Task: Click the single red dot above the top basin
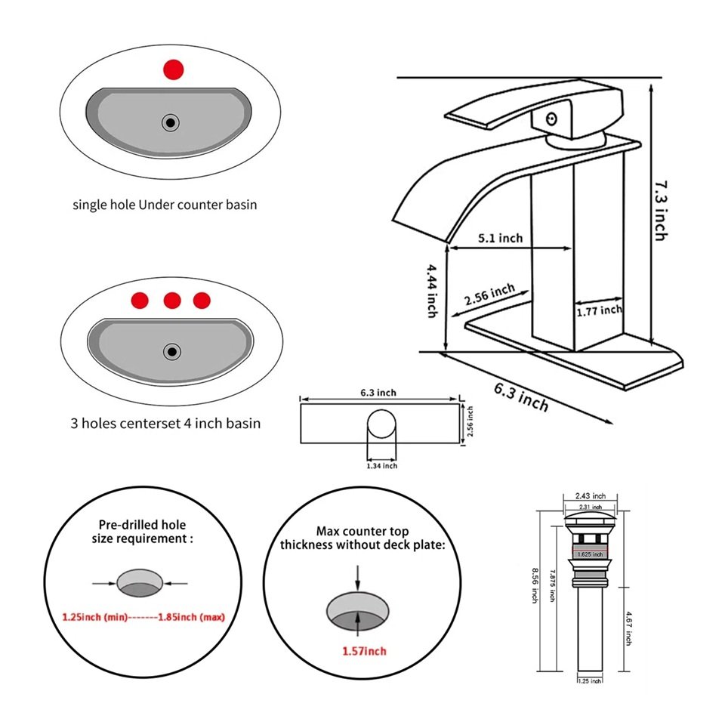174,69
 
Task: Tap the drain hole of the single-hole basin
171,122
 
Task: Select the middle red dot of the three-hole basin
172,301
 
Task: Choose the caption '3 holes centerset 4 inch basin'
165,423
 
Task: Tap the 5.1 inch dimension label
500,239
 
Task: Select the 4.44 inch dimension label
431,290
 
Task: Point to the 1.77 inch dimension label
600,310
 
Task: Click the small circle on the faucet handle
551,118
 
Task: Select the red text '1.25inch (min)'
94,617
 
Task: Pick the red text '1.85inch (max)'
191,617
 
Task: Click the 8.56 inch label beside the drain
534,585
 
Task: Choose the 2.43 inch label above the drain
590,495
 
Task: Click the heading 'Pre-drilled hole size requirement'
143,531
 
